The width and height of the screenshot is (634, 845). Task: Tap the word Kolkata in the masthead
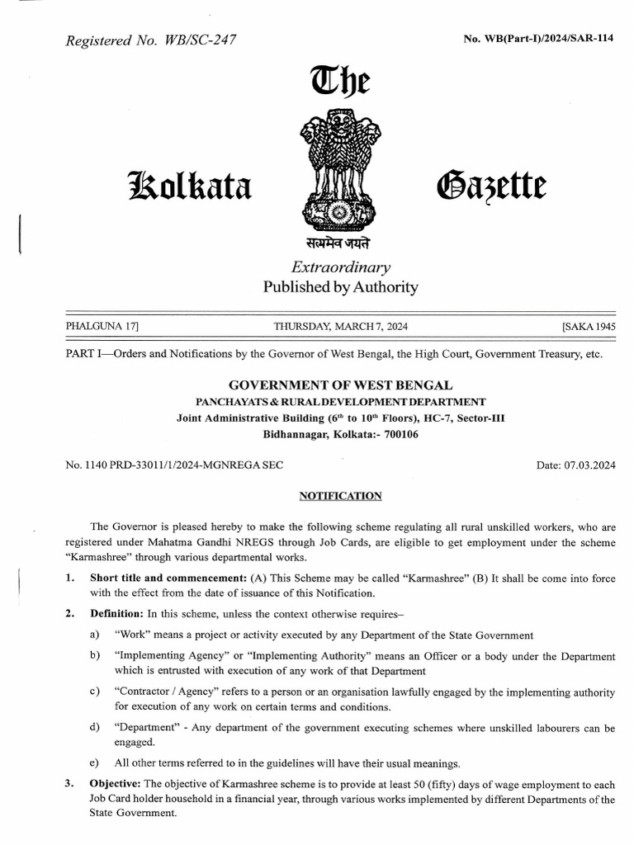click(x=186, y=184)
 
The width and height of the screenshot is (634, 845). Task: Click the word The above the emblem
click(x=338, y=83)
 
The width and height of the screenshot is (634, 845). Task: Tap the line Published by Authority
click(x=340, y=288)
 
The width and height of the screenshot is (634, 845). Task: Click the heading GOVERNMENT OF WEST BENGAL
click(x=339, y=385)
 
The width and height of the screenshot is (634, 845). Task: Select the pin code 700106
click(x=395, y=434)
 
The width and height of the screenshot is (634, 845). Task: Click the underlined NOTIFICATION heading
click(x=340, y=496)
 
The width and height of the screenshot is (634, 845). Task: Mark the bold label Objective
click(x=116, y=783)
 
